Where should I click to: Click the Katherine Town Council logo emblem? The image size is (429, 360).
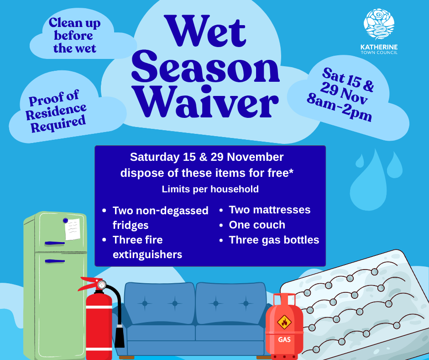pyautogui.click(x=378, y=25)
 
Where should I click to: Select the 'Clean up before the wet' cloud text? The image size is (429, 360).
pyautogui.click(x=74, y=36)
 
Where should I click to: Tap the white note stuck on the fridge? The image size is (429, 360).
pyautogui.click(x=72, y=229)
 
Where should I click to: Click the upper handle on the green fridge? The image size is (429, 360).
pyautogui.click(x=54, y=243)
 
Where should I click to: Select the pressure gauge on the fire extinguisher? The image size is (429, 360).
pyautogui.click(x=101, y=285)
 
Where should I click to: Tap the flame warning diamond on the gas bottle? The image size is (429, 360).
pyautogui.click(x=284, y=322)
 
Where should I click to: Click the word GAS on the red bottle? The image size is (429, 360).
pyautogui.click(x=284, y=340)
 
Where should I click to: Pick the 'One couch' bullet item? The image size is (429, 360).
pyautogui.click(x=256, y=225)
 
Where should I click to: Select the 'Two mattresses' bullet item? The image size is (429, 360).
pyautogui.click(x=269, y=210)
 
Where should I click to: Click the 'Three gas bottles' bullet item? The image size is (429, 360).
pyautogui.click(x=274, y=240)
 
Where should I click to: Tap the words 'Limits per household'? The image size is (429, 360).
pyautogui.click(x=210, y=189)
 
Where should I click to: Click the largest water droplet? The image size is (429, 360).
pyautogui.click(x=369, y=180)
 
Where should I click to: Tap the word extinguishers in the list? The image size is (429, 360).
pyautogui.click(x=147, y=254)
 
